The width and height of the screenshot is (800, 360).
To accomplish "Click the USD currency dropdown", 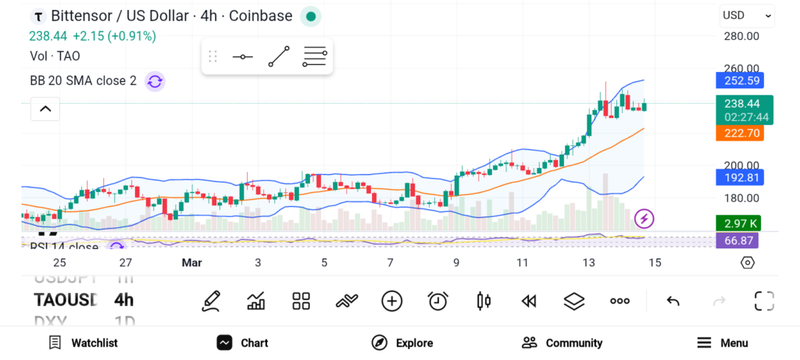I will point(746,15).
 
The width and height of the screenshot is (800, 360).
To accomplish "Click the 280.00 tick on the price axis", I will point(741,36).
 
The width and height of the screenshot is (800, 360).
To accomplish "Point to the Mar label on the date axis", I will point(191,262).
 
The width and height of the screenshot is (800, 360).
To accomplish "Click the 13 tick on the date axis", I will point(588,262).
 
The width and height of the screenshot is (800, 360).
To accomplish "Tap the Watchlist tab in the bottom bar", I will point(84,343).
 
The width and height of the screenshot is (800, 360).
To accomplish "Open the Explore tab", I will point(403,343).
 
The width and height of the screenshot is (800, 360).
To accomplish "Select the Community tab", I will point(562,343).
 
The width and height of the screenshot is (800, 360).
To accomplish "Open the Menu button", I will point(723,343).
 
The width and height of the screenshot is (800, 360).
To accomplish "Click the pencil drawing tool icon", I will point(210,301).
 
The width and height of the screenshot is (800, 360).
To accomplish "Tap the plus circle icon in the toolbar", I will point(392,301).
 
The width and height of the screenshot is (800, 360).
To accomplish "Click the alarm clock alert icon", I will point(438,301).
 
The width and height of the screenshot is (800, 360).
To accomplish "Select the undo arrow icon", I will point(673,301).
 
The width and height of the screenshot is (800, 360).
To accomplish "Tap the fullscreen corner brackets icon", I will point(763,301).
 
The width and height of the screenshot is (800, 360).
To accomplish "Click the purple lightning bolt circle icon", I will point(645,219).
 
